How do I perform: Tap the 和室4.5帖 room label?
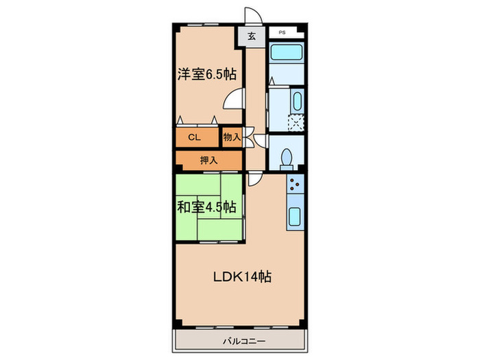pos(207,206)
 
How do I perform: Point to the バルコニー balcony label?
pos(240,340)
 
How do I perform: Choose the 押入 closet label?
pos(208,160)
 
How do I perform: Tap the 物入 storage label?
pos(232,137)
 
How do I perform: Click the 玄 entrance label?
pos(251,36)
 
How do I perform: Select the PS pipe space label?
pos(282,32)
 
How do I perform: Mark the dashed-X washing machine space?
pos(296,122)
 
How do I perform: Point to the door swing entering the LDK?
pos(254,179)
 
